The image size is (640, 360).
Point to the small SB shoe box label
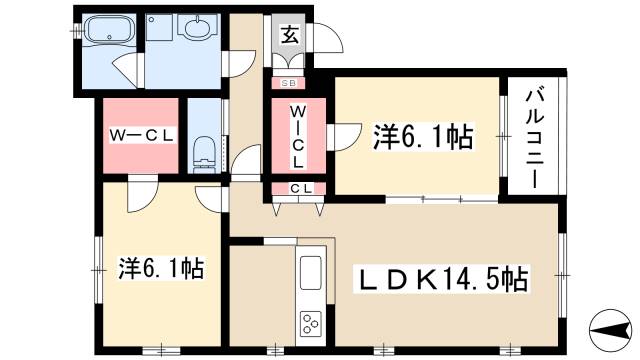pyautogui.click(x=287, y=83)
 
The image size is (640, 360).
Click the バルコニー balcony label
pyautogui.click(x=531, y=136)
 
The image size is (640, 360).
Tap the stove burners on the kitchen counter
pyautogui.click(x=310, y=323)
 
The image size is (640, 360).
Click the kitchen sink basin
pyautogui.click(x=310, y=271)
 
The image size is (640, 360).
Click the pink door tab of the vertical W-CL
pyautogui.click(x=346, y=130)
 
